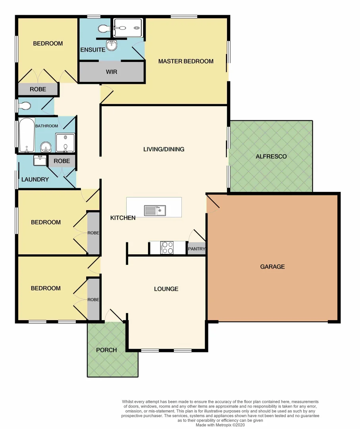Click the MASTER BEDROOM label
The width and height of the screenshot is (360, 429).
click(x=186, y=61)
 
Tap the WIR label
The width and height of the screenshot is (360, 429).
click(x=111, y=72)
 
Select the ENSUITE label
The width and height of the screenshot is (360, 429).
click(x=92, y=50)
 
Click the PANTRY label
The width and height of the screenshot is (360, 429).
click(x=197, y=249)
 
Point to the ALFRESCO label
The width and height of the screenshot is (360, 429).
click(x=271, y=157)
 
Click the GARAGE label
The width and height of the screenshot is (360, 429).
click(x=272, y=267)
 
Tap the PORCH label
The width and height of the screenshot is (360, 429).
click(x=106, y=350)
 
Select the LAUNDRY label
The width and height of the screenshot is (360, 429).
click(x=35, y=180)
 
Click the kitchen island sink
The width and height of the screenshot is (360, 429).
click(x=155, y=210)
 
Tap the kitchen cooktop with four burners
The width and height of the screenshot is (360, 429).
click(x=167, y=248)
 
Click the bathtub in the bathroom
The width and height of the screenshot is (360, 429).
click(x=27, y=135)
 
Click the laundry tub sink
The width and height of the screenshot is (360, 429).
click(x=39, y=161)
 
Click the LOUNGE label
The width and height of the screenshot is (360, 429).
click(x=166, y=289)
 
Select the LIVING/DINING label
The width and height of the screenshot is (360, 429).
click(x=164, y=149)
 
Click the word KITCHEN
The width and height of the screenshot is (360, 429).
click(x=123, y=218)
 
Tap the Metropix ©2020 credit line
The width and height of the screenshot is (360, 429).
click(x=221, y=425)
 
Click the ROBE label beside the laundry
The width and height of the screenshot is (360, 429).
click(x=62, y=161)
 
